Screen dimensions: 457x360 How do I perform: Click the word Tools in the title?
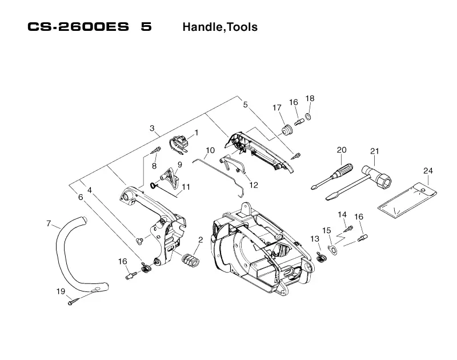pos(242,27)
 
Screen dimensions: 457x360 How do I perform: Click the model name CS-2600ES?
pos(78,27)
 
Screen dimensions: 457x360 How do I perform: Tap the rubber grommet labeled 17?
pos(286,130)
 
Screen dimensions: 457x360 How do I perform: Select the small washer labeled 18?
pos(308,117)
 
